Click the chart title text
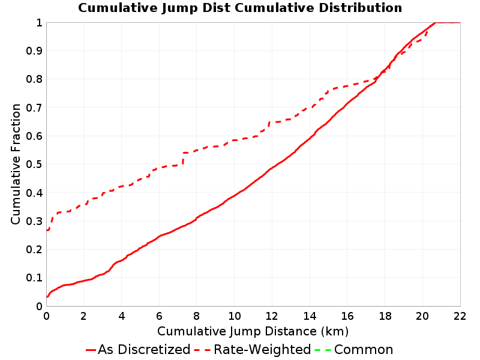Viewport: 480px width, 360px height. click(240, 8)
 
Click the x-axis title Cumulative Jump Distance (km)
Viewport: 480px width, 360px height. click(253, 332)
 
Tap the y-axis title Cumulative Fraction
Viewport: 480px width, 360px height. click(16, 164)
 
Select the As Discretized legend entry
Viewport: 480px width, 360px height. click(138, 350)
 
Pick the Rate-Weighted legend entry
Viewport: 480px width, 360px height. click(253, 350)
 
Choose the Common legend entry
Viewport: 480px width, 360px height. click(353, 350)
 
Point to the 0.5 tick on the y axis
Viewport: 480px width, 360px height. click(34, 164)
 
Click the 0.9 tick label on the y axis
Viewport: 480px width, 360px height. click(34, 51)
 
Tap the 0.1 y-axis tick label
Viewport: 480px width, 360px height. click(34, 278)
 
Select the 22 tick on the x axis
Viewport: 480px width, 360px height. click(460, 316)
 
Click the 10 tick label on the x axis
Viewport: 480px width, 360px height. click(234, 316)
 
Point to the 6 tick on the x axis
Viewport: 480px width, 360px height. click(159, 316)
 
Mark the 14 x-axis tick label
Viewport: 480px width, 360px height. click(310, 316)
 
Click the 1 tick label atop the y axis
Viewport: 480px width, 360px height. click(39, 23)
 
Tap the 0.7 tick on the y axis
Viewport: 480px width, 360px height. click(34, 108)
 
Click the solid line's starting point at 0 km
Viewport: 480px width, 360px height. click(47, 296)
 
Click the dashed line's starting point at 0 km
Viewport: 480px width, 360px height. click(47, 230)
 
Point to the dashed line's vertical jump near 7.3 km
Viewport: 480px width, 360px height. click(183, 158)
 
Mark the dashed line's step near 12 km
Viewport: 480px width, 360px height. click(269, 125)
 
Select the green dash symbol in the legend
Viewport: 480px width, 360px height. click(323, 350)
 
